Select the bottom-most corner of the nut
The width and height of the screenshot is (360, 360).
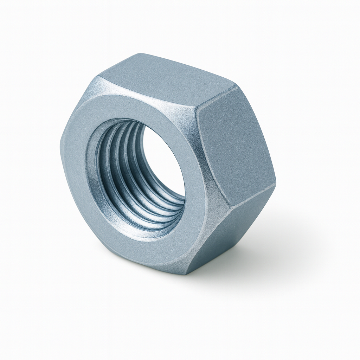click(190, 272)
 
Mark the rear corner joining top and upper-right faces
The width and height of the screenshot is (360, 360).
click(235, 85)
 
